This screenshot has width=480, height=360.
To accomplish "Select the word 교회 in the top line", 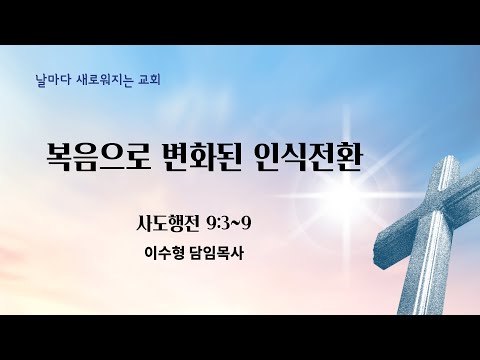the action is pyautogui.click(x=149, y=80).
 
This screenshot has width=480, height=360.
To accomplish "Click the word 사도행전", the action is pyautogui.click(x=167, y=223).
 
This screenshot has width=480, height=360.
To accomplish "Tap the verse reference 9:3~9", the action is pyautogui.click(x=229, y=224).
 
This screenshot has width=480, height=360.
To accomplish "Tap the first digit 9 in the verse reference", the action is pyautogui.click(x=211, y=224).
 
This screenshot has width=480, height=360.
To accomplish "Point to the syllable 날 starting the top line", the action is pyautogui.click(x=41, y=80).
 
